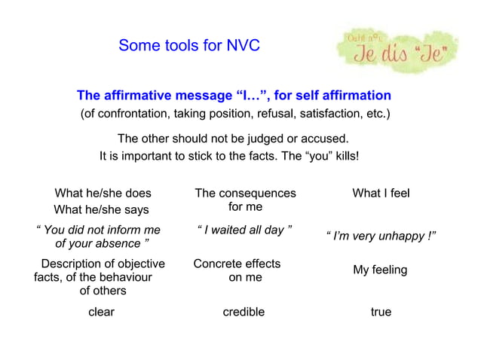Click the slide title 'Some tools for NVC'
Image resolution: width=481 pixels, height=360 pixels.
click(188, 46)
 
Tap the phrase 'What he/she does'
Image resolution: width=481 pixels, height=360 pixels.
click(103, 194)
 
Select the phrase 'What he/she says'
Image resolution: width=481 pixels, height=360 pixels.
click(101, 210)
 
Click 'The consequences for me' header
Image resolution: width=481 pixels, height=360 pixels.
click(245, 200)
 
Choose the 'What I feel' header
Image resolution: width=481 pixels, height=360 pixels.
click(381, 194)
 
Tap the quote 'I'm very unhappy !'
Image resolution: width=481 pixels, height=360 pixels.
click(381, 237)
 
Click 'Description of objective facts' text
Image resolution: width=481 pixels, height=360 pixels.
click(103, 264)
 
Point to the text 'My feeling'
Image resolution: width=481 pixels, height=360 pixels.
click(380, 270)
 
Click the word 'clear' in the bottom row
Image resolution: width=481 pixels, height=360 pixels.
click(102, 312)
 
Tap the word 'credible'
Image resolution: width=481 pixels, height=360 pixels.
click(244, 312)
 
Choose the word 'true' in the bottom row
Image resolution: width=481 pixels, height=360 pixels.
click(381, 312)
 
